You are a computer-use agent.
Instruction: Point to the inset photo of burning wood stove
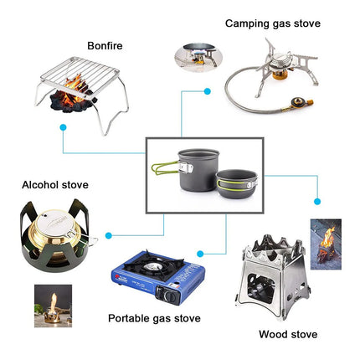click(327, 243)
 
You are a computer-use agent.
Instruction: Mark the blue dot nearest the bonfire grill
click(63, 127)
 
